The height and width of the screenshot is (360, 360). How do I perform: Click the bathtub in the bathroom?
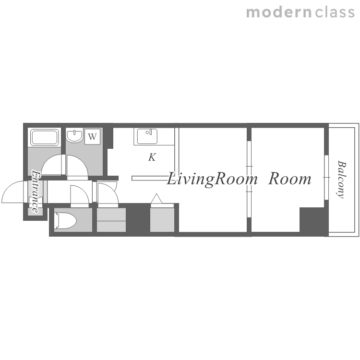pos(45,137)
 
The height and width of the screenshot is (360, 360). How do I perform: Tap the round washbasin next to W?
pos(74,135)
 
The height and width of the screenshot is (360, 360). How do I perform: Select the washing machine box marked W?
pos(92,137)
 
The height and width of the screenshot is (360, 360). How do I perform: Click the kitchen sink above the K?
pos(147,136)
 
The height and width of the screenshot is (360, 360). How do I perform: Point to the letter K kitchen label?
pos(152,157)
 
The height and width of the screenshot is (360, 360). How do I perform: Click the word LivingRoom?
pos(212,180)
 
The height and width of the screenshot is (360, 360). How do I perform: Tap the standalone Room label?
pos(290,179)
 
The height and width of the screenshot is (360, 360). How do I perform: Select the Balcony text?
pos(342,179)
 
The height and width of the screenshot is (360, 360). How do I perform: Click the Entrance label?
pos(35,191)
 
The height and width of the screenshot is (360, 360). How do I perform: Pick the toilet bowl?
pos(66,221)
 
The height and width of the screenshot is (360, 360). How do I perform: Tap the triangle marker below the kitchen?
pos(156,199)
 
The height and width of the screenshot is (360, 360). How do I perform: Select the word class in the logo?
pos(335,12)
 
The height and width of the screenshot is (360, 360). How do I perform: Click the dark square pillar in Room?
pos(312,220)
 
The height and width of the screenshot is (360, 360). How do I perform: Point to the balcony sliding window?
pos(326,178)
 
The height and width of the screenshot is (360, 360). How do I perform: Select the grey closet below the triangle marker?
pos(162,220)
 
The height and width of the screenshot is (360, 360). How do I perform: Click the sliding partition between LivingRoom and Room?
pos(249,179)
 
